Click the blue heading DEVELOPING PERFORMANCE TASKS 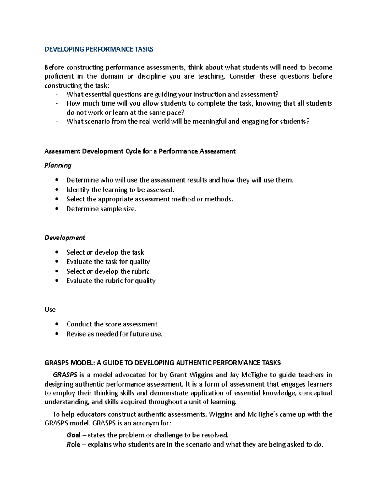pos(99,49)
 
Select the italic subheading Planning pos(58,165)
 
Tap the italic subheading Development pos(65,238)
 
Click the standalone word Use pos(50,310)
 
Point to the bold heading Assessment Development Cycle pos(140,151)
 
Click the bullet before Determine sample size pos(57,209)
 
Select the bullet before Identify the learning pos(57,189)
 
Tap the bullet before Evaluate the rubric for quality pos(57,281)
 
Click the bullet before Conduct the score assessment pos(57,324)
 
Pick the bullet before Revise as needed pos(57,334)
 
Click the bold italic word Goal pos(74,435)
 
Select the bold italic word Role pos(73,445)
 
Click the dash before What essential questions pos(57,95)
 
